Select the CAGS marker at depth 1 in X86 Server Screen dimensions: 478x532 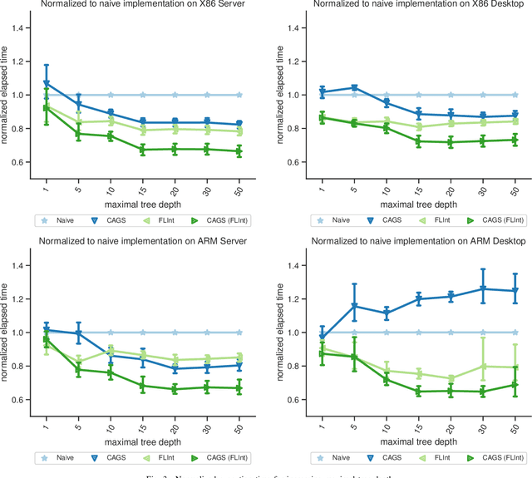pyautogui.click(x=46, y=84)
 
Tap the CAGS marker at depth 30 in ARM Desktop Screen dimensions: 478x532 pyautogui.click(x=482, y=289)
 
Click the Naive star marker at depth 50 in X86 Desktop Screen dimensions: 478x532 pyautogui.click(x=515, y=95)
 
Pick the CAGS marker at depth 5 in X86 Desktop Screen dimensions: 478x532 pyautogui.click(x=353, y=87)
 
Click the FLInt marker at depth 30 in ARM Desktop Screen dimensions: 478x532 pyautogui.click(x=482, y=366)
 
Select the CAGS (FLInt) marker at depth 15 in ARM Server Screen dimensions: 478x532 pyautogui.click(x=143, y=387)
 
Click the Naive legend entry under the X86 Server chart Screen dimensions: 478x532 pyautogui.click(x=55, y=220)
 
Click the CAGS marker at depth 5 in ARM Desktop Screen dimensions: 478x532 pyautogui.click(x=353, y=306)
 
